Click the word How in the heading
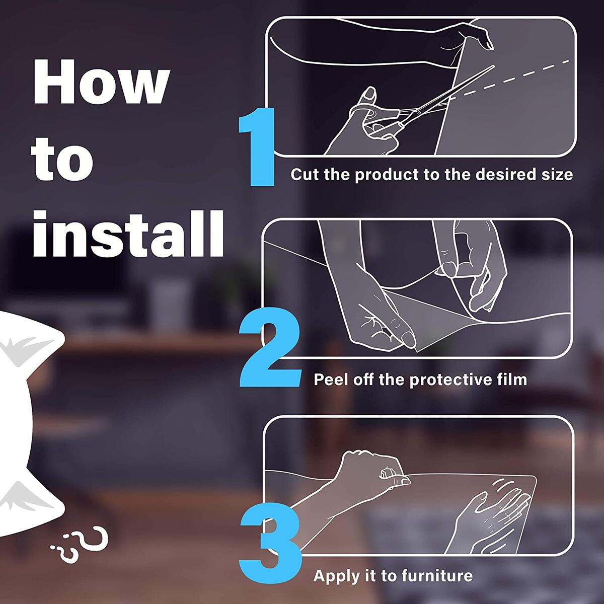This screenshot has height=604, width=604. tap(101, 84)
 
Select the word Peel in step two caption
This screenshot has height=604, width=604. tap(330, 379)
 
